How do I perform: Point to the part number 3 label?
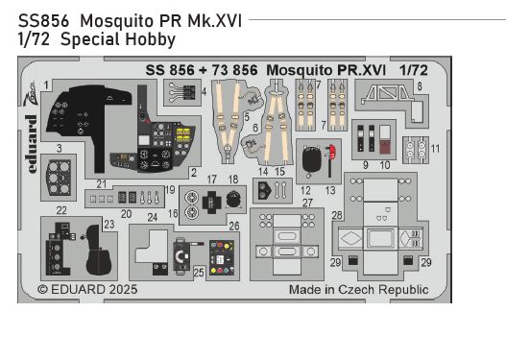tap(59, 149)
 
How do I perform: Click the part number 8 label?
tap(420, 86)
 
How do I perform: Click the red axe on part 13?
tap(329, 156)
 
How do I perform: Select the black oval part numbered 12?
tap(312, 163)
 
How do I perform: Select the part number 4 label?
tap(205, 91)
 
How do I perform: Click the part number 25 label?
tap(198, 273)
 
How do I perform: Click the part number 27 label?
tap(307, 203)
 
